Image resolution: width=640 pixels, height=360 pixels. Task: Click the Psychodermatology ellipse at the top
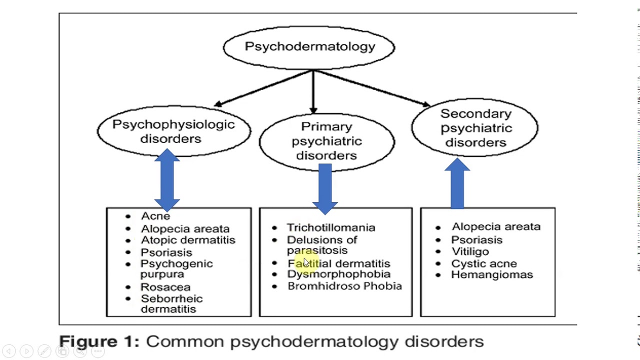[x=309, y=47]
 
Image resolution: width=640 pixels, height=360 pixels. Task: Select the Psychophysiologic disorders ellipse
[x=173, y=131]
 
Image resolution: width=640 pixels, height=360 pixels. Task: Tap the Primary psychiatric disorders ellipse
[x=326, y=141]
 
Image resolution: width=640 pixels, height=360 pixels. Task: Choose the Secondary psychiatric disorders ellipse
[x=475, y=128]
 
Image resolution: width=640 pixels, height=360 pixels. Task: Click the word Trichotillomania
[x=330, y=227]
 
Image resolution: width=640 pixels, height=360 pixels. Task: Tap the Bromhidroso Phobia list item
[x=344, y=286]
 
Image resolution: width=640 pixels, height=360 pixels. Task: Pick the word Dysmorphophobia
[x=338, y=274]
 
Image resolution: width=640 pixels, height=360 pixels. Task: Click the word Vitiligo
[x=470, y=251]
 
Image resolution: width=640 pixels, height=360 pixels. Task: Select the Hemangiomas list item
[x=491, y=274]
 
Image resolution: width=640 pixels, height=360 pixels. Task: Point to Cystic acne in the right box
[x=483, y=263]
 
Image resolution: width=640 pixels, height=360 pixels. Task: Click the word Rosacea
[x=165, y=287]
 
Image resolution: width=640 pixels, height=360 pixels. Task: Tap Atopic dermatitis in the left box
[x=187, y=240]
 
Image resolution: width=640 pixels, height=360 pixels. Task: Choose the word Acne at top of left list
[x=155, y=216]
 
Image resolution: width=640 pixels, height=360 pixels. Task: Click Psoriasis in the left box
[x=166, y=252]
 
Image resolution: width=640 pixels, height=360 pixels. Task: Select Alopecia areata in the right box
[x=495, y=226]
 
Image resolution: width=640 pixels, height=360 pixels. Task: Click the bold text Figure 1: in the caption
[x=99, y=341]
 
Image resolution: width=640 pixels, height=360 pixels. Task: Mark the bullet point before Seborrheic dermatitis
[x=128, y=298]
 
